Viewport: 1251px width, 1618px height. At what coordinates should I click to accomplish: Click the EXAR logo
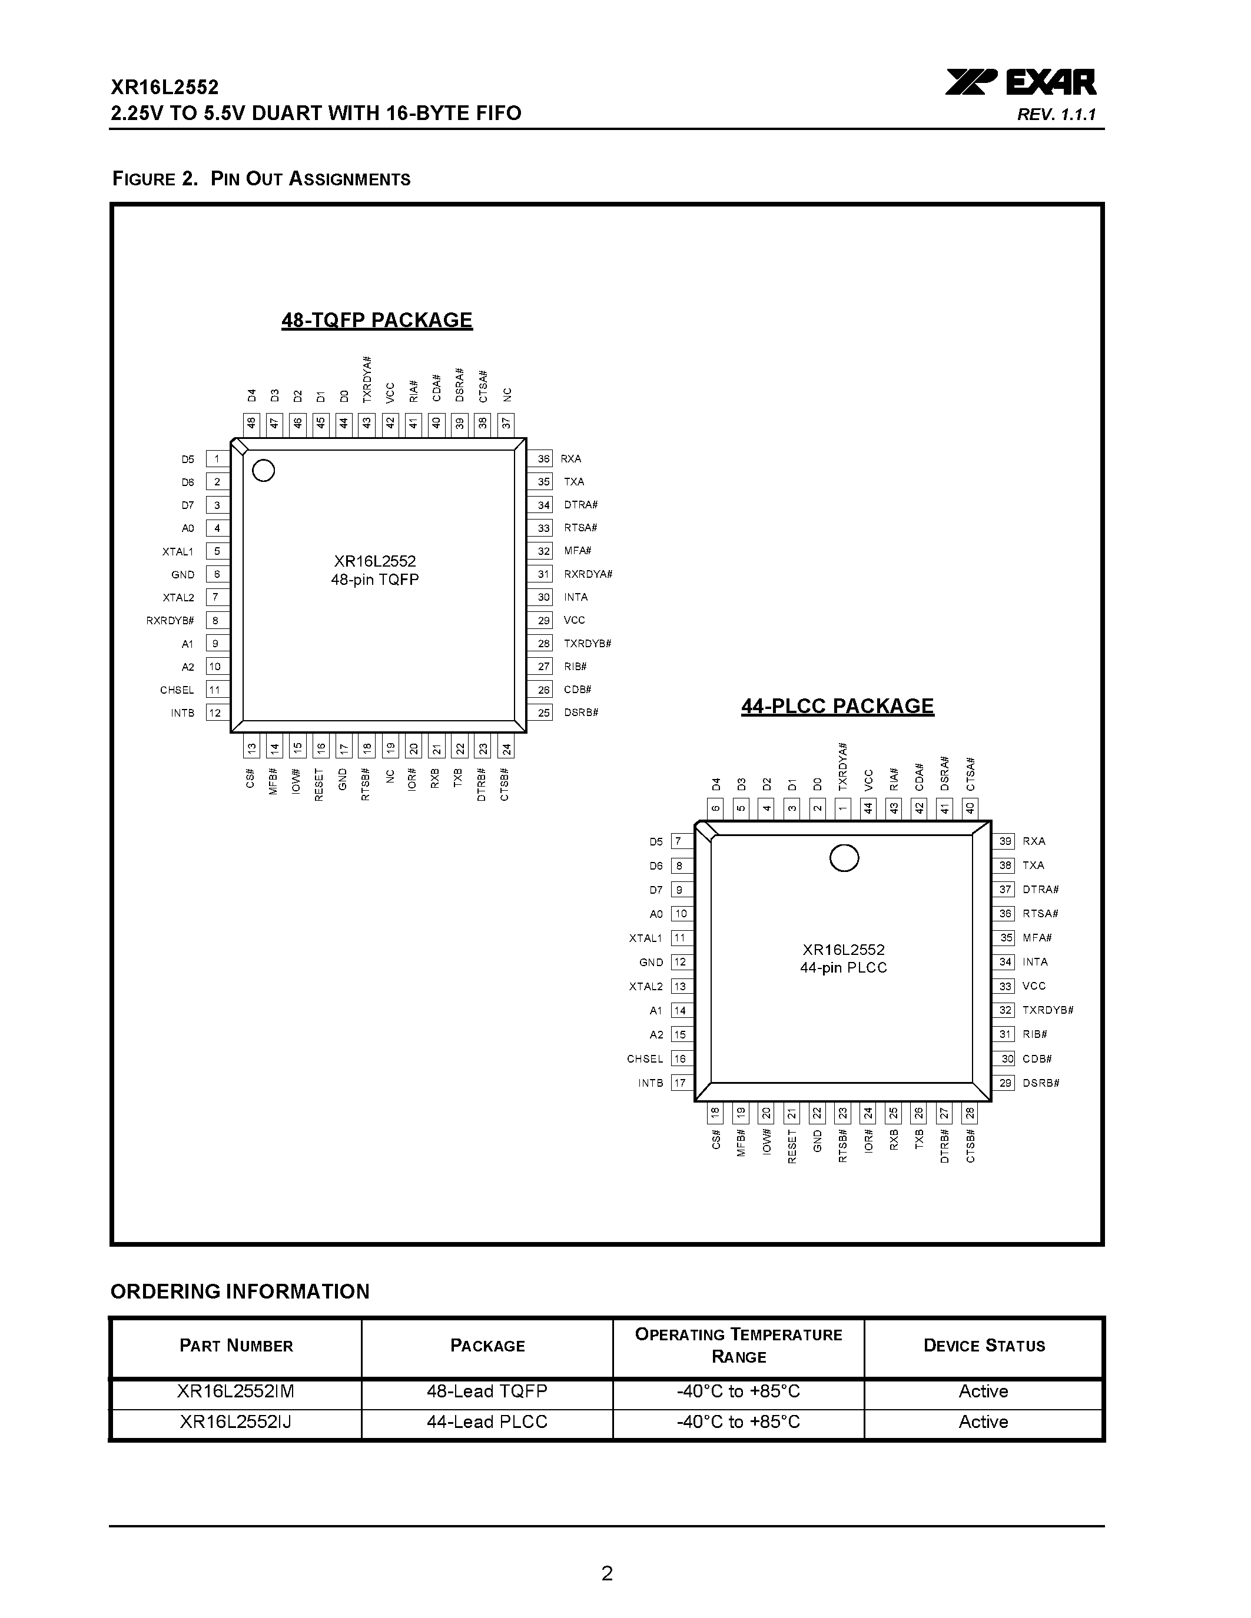coord(1020,82)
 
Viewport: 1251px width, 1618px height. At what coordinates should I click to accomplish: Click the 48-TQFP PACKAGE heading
coord(377,320)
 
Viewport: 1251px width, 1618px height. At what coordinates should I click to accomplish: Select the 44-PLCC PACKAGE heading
coord(838,706)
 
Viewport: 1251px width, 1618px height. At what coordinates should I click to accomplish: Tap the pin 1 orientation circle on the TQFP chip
coord(264,471)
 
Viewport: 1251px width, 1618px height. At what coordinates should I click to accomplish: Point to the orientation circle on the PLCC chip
coord(844,858)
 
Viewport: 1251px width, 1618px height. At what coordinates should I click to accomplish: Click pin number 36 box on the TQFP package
coord(543,458)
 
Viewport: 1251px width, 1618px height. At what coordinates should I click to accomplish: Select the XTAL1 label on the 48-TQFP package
coord(178,551)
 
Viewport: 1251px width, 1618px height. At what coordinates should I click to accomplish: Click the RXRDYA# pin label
coord(588,574)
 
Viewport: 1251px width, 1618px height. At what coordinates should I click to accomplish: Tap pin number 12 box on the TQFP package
coord(215,713)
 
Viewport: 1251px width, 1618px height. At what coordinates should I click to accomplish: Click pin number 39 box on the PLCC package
coord(1005,841)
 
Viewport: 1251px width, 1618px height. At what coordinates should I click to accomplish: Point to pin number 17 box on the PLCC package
coord(679,1083)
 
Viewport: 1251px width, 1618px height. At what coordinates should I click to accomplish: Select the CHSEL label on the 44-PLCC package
coord(645,1058)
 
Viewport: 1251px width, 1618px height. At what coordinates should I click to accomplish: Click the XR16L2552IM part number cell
coord(235,1391)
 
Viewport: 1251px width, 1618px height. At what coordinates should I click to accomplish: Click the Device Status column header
coord(984,1346)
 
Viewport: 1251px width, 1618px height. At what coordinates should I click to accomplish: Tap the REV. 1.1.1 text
coord(1056,115)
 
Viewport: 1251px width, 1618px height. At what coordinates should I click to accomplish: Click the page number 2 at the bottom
coord(607,1573)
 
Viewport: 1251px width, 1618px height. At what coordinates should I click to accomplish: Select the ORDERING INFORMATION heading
coord(240,1292)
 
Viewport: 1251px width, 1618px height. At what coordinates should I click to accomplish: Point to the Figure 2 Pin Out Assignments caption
coord(261,179)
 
